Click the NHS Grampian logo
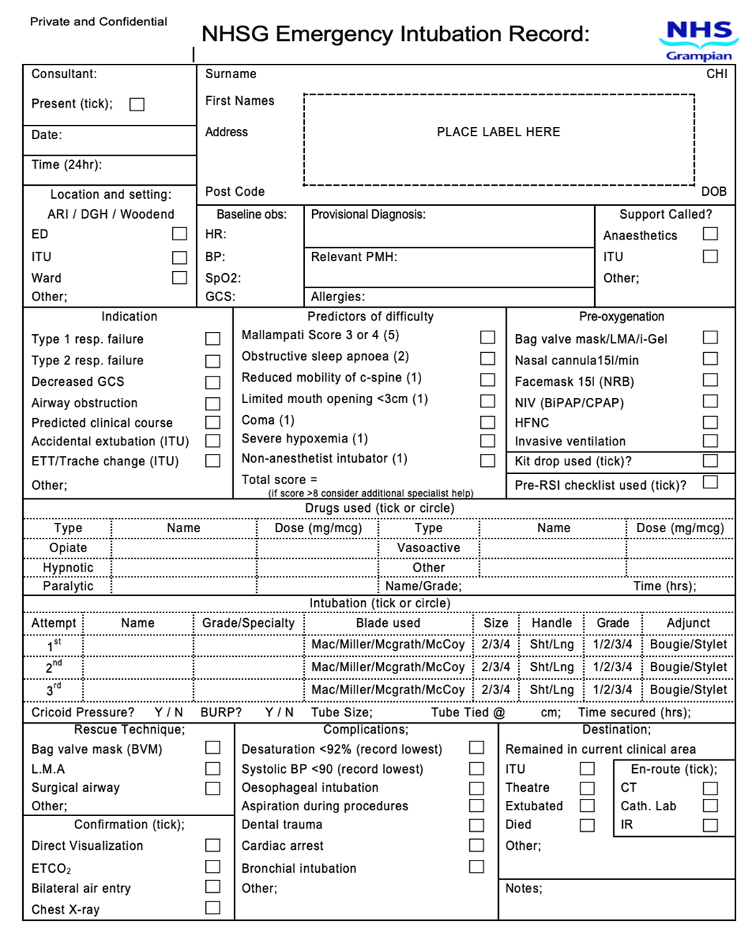coord(698,40)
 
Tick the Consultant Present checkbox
coord(137,105)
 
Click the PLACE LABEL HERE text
coord(498,132)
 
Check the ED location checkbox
coord(179,234)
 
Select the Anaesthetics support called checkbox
coord(710,234)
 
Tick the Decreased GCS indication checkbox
coord(212,382)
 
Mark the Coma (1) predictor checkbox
coord(487,422)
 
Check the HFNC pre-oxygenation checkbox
coord(710,422)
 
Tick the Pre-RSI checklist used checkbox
coord(710,483)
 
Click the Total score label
coord(279,479)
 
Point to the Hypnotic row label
coord(68,567)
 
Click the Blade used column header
coord(388,623)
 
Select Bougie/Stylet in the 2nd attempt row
coord(688,667)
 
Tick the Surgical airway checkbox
coord(212,788)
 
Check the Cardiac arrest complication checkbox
coord(476,845)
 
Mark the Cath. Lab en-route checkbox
coord(710,806)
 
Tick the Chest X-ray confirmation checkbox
coord(212,908)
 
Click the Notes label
coord(524,889)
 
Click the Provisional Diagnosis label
coord(368,214)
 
